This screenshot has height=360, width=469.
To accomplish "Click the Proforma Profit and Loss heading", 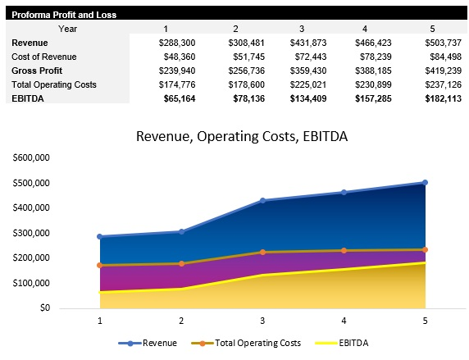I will pos(63,15).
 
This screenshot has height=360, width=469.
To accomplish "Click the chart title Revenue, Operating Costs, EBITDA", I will pos(241,136).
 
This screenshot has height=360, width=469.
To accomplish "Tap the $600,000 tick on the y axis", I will pos(31,157).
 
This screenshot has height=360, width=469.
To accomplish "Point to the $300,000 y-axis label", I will pos(31,233).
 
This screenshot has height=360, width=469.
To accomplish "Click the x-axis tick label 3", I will pos(262,321).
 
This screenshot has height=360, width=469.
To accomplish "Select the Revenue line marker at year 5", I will pos(425,182).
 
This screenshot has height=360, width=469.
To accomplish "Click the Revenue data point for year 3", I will pos(262,200).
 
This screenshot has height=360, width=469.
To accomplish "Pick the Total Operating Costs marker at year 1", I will pos(100,265).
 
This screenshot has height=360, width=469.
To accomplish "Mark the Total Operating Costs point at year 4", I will pos(344,250).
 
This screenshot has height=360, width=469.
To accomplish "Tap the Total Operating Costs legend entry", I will pos(246,343).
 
